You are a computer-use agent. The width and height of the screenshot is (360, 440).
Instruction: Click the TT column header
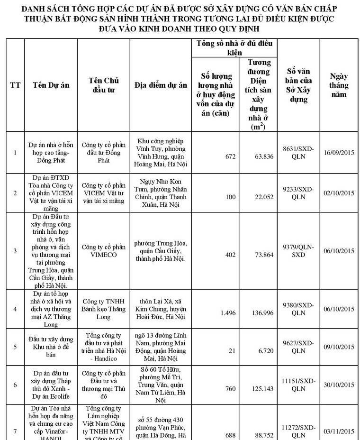pyautogui.click(x=15, y=85)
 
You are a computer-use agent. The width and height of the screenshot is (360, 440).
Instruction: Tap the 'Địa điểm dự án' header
pyautogui.click(x=161, y=85)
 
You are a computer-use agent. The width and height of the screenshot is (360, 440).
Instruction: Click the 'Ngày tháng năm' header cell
pyautogui.click(x=339, y=85)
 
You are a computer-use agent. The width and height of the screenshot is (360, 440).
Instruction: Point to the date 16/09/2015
pyautogui.click(x=339, y=153)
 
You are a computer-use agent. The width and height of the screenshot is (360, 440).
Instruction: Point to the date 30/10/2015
pyautogui.click(x=339, y=385)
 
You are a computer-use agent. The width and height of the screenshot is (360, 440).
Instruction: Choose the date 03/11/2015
pyautogui.click(x=339, y=431)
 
